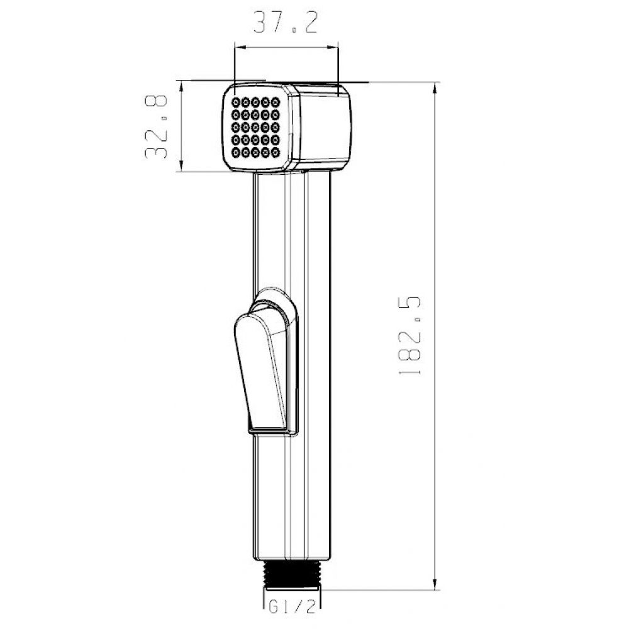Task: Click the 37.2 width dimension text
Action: coord(285,22)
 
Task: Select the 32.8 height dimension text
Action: coord(156,127)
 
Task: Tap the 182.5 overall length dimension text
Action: coord(409,335)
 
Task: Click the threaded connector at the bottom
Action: coord(292,575)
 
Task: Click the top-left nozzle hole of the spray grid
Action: coord(236,101)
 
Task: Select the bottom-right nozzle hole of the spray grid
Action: coord(276,152)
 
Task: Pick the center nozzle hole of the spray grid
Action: coord(255,127)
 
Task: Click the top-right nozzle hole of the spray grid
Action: coord(276,101)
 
